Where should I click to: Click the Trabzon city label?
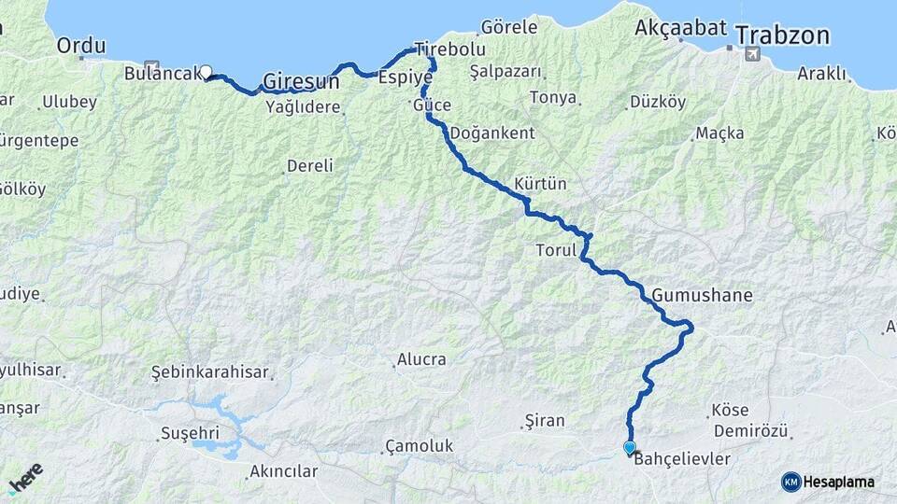tap(782, 35)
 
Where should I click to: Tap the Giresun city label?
tap(300, 82)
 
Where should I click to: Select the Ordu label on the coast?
tap(81, 45)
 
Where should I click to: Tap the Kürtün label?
tap(540, 184)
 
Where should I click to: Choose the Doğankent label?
tap(492, 133)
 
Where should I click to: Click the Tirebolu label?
tap(450, 49)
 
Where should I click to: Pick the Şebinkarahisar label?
tap(210, 372)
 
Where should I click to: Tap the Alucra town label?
tap(422, 359)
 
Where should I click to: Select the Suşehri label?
tap(189, 434)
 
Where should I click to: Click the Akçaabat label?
tap(680, 27)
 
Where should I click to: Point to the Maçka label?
tap(719, 133)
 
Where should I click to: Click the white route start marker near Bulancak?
tap(206, 71)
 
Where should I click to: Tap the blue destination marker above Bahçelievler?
tap(630, 448)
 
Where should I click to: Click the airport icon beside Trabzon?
tap(751, 54)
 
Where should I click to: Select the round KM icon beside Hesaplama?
tap(790, 482)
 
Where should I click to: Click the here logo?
tap(25, 478)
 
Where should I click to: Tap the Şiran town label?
tap(545, 421)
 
